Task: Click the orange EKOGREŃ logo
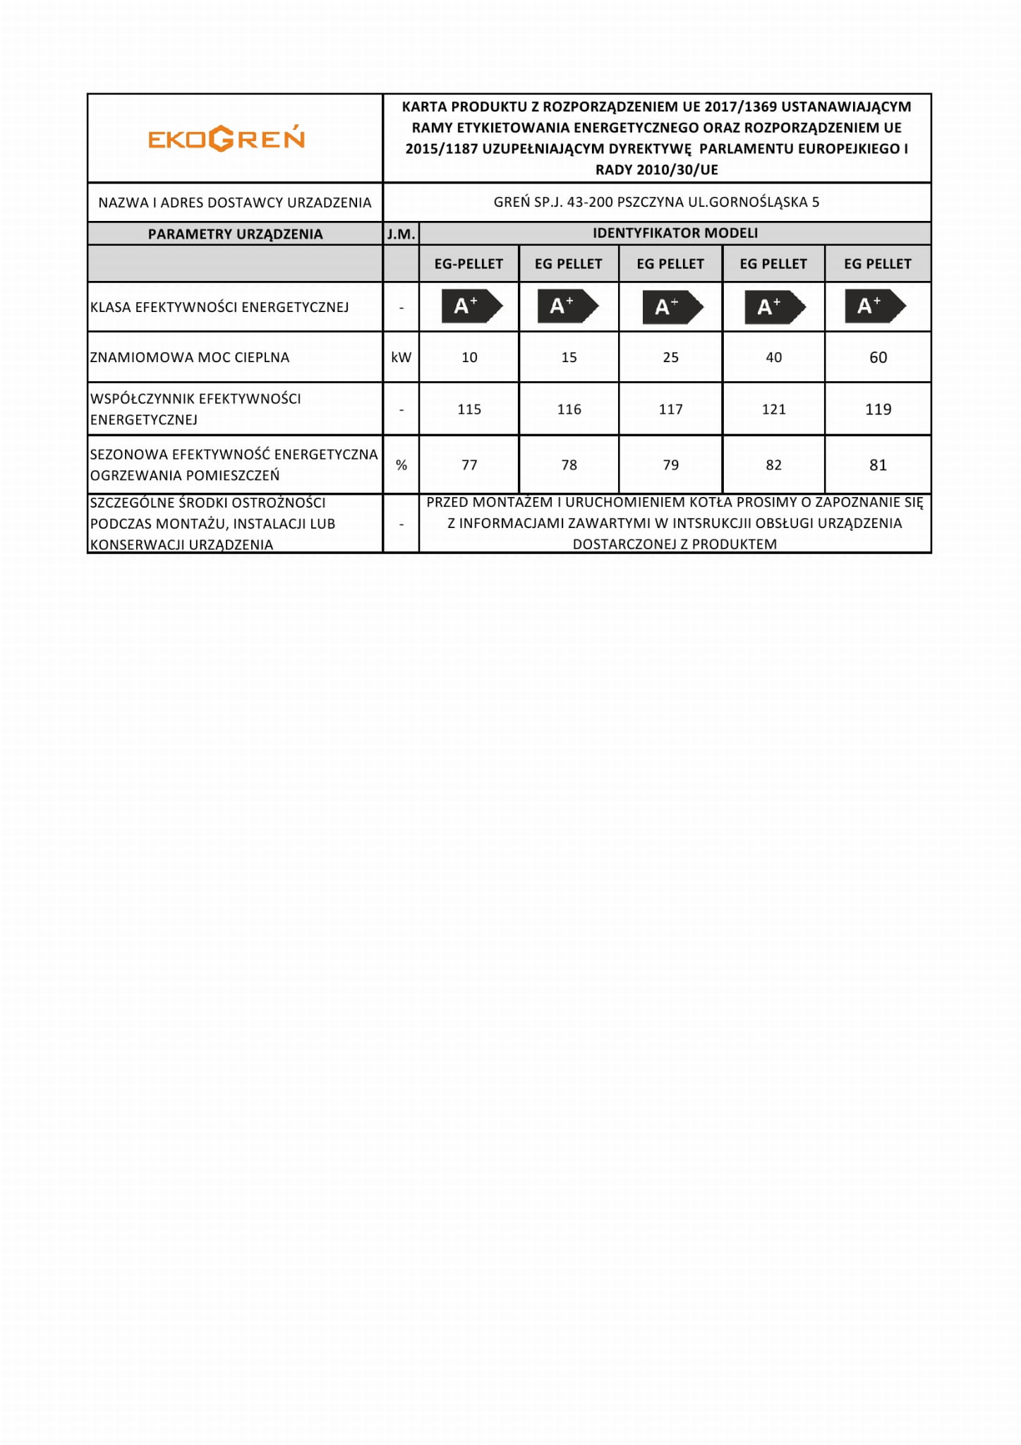pos(226,138)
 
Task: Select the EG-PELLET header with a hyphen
pos(469,264)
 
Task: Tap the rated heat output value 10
pos(469,357)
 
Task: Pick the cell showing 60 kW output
pos(878,357)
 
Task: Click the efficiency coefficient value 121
pos(773,409)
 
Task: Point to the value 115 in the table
pos(469,409)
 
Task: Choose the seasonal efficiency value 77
pos(469,465)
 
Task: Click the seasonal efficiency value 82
pos(773,465)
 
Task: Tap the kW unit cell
pos(401,357)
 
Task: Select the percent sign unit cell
pos(401,465)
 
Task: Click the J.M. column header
pos(401,234)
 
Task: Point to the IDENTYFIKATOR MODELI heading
pos(675,233)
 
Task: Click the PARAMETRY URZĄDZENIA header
pos(235,234)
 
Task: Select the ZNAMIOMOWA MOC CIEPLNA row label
pos(190,357)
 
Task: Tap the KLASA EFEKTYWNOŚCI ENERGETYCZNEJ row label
pos(219,307)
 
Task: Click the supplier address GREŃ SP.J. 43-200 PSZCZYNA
pos(656,202)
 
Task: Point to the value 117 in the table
pos(670,409)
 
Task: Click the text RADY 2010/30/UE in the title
pos(656,169)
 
